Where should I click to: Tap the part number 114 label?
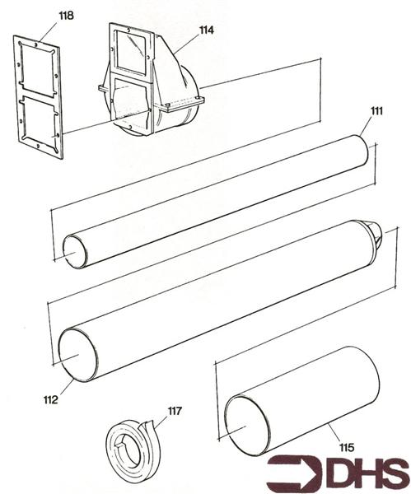point(206,30)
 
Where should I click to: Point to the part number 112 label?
point(51,400)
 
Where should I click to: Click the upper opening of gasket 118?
point(39,71)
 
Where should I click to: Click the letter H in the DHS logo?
point(359,473)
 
